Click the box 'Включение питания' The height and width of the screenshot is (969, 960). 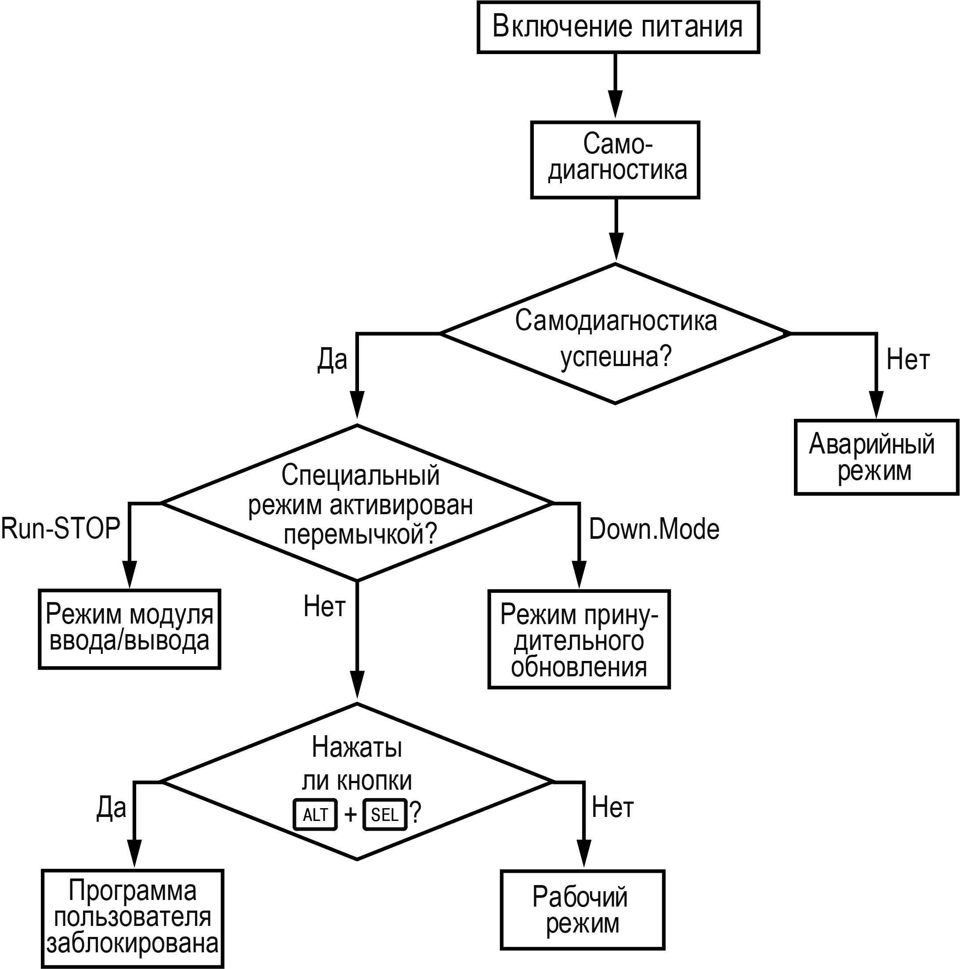point(618,27)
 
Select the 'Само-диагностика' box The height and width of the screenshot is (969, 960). point(615,160)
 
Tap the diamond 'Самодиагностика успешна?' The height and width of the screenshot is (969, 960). point(616,334)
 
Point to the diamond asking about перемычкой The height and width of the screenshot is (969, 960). point(358,503)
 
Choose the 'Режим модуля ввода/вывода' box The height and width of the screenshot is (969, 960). point(130,629)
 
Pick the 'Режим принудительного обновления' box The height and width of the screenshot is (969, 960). point(579,639)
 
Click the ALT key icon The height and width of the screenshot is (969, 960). point(315,814)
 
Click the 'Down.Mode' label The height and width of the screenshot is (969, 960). point(653,529)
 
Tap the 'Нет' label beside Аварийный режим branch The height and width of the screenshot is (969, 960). point(908,359)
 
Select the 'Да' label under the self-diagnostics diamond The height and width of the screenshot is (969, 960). point(332,359)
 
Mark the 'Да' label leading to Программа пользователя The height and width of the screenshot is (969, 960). point(111,808)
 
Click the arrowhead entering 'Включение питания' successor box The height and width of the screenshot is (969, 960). point(616,104)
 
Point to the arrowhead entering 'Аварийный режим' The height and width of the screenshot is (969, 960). point(876,404)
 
